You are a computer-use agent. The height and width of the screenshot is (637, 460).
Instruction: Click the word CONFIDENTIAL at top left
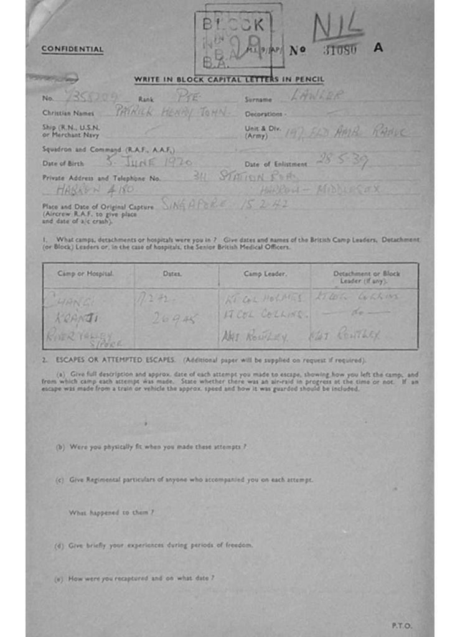72,49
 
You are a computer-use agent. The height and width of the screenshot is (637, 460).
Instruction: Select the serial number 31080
340,50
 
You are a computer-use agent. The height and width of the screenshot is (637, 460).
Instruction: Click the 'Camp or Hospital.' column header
86,274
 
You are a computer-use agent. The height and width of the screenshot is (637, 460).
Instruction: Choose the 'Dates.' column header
172,274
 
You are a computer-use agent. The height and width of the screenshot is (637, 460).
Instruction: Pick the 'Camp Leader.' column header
265,274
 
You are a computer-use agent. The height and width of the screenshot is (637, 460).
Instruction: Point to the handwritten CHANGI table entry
69,300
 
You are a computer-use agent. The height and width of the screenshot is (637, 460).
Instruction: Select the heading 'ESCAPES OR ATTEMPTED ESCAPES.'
116,360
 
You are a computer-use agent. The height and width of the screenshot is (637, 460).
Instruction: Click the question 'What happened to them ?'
111,513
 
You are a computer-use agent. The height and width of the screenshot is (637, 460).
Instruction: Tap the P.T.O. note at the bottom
402,625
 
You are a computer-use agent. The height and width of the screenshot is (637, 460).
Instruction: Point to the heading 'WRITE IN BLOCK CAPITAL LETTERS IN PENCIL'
228,80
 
